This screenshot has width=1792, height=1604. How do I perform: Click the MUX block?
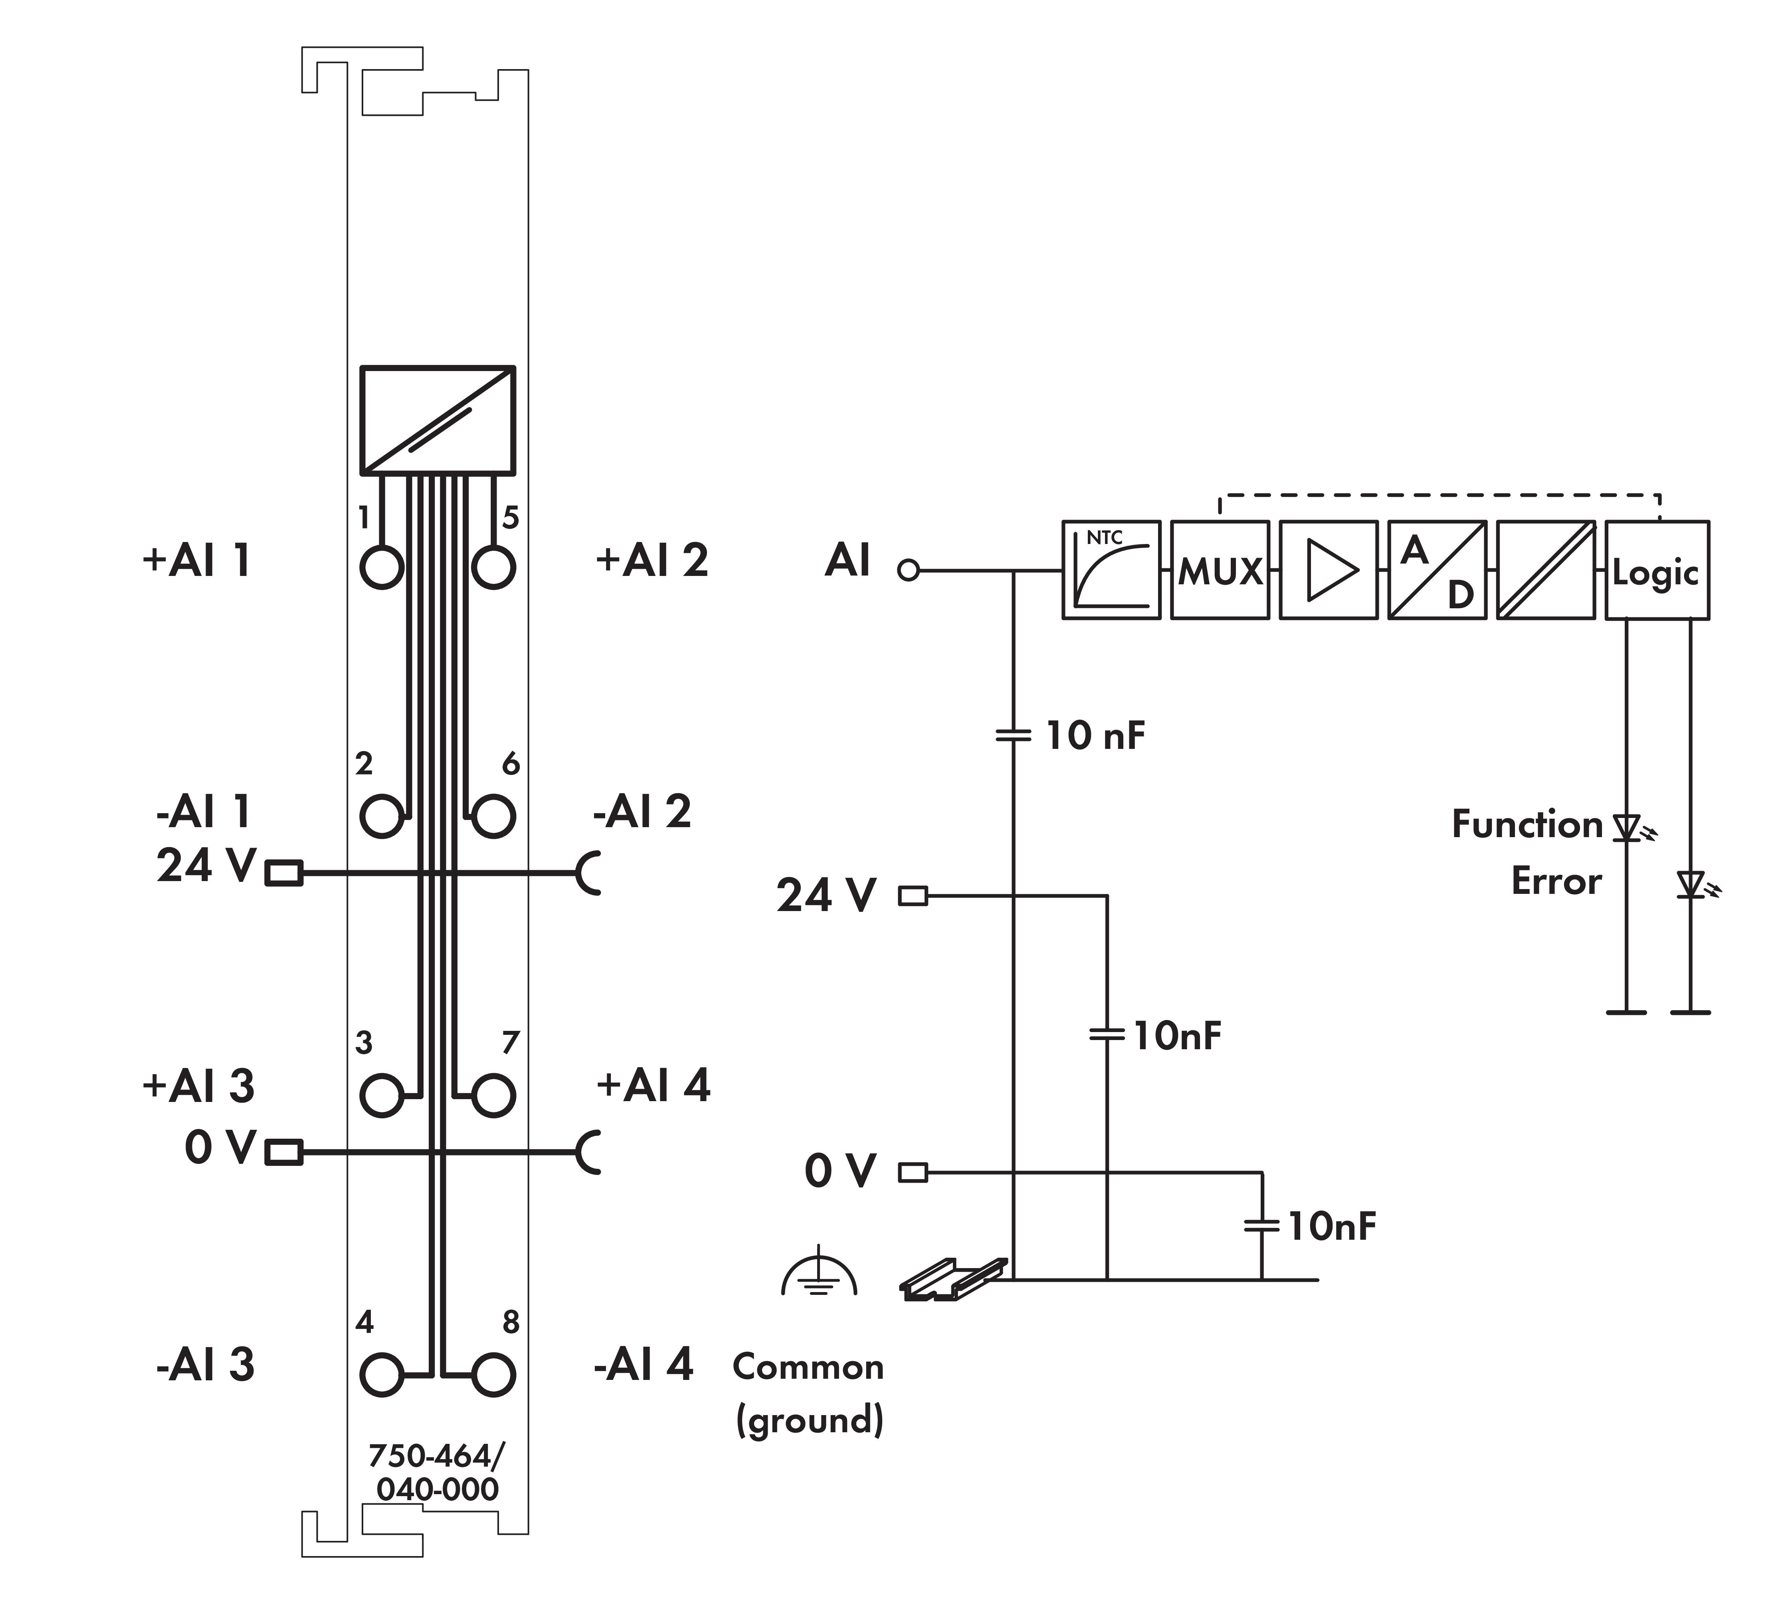[1219, 570]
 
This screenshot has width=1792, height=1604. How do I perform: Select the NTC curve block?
[1111, 570]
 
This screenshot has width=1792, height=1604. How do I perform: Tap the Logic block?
[1656, 570]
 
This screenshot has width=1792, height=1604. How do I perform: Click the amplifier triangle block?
[1328, 570]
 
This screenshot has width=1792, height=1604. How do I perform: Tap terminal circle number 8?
[493, 1375]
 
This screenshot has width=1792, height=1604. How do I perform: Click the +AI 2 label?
[652, 560]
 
